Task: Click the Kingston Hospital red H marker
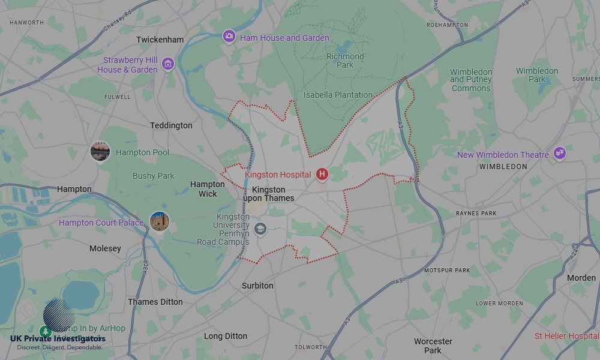[322, 175]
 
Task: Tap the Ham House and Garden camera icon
[229, 37]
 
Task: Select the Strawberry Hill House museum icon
[167, 64]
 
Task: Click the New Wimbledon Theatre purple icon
[559, 154]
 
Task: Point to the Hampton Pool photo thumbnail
[100, 152]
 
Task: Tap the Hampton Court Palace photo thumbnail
[160, 222]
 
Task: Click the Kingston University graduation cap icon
[260, 229]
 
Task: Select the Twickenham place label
[160, 40]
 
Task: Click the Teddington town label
[172, 125]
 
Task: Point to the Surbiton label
[257, 286]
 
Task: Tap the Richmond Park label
[345, 61]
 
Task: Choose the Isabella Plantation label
[338, 95]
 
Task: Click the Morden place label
[581, 278]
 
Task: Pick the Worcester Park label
[433, 346]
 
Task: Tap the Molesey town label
[105, 248]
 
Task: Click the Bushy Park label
[153, 176]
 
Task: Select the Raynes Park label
[476, 213]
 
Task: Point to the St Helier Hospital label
[566, 336]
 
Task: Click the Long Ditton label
[226, 336]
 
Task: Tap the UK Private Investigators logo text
[58, 339]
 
